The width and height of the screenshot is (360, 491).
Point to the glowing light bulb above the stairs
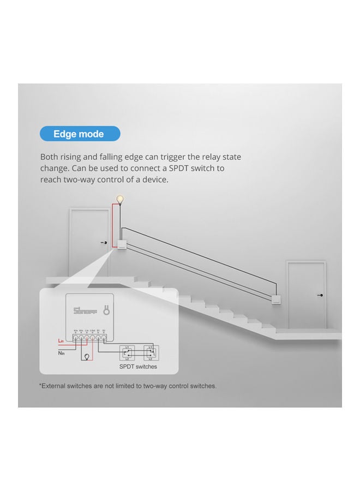click(x=120, y=200)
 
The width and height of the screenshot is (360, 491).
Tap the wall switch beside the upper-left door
click(x=121, y=245)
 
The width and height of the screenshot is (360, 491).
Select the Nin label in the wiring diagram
click(x=62, y=353)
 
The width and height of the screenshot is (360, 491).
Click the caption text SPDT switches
click(x=137, y=367)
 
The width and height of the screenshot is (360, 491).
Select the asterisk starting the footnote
click(x=40, y=386)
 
